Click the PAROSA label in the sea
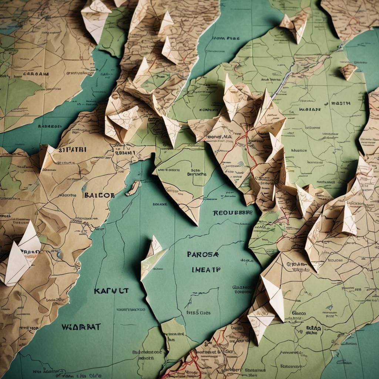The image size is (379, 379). point(203,255)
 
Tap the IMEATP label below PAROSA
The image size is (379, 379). point(206,269)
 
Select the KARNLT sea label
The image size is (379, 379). point(111,291)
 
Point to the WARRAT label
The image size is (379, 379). point(81,327)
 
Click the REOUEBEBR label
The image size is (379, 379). point(232,213)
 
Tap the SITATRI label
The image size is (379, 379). point(72,150)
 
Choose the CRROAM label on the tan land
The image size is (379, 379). point(36,74)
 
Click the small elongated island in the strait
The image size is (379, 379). point(133,188)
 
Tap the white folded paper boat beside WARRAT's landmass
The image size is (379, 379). point(20,255)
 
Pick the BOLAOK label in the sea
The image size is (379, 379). point(160,204)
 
